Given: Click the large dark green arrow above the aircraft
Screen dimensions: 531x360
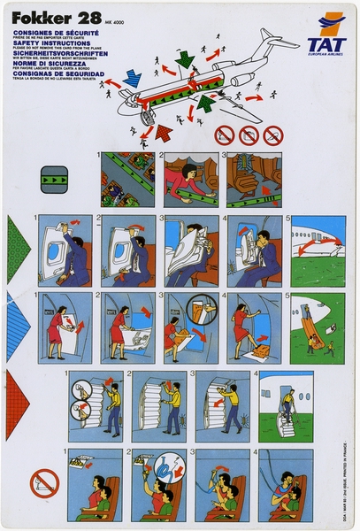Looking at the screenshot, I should [185, 58].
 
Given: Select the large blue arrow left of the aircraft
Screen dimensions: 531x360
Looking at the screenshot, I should [132, 78].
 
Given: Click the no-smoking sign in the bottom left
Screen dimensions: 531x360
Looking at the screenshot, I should [44, 483].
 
